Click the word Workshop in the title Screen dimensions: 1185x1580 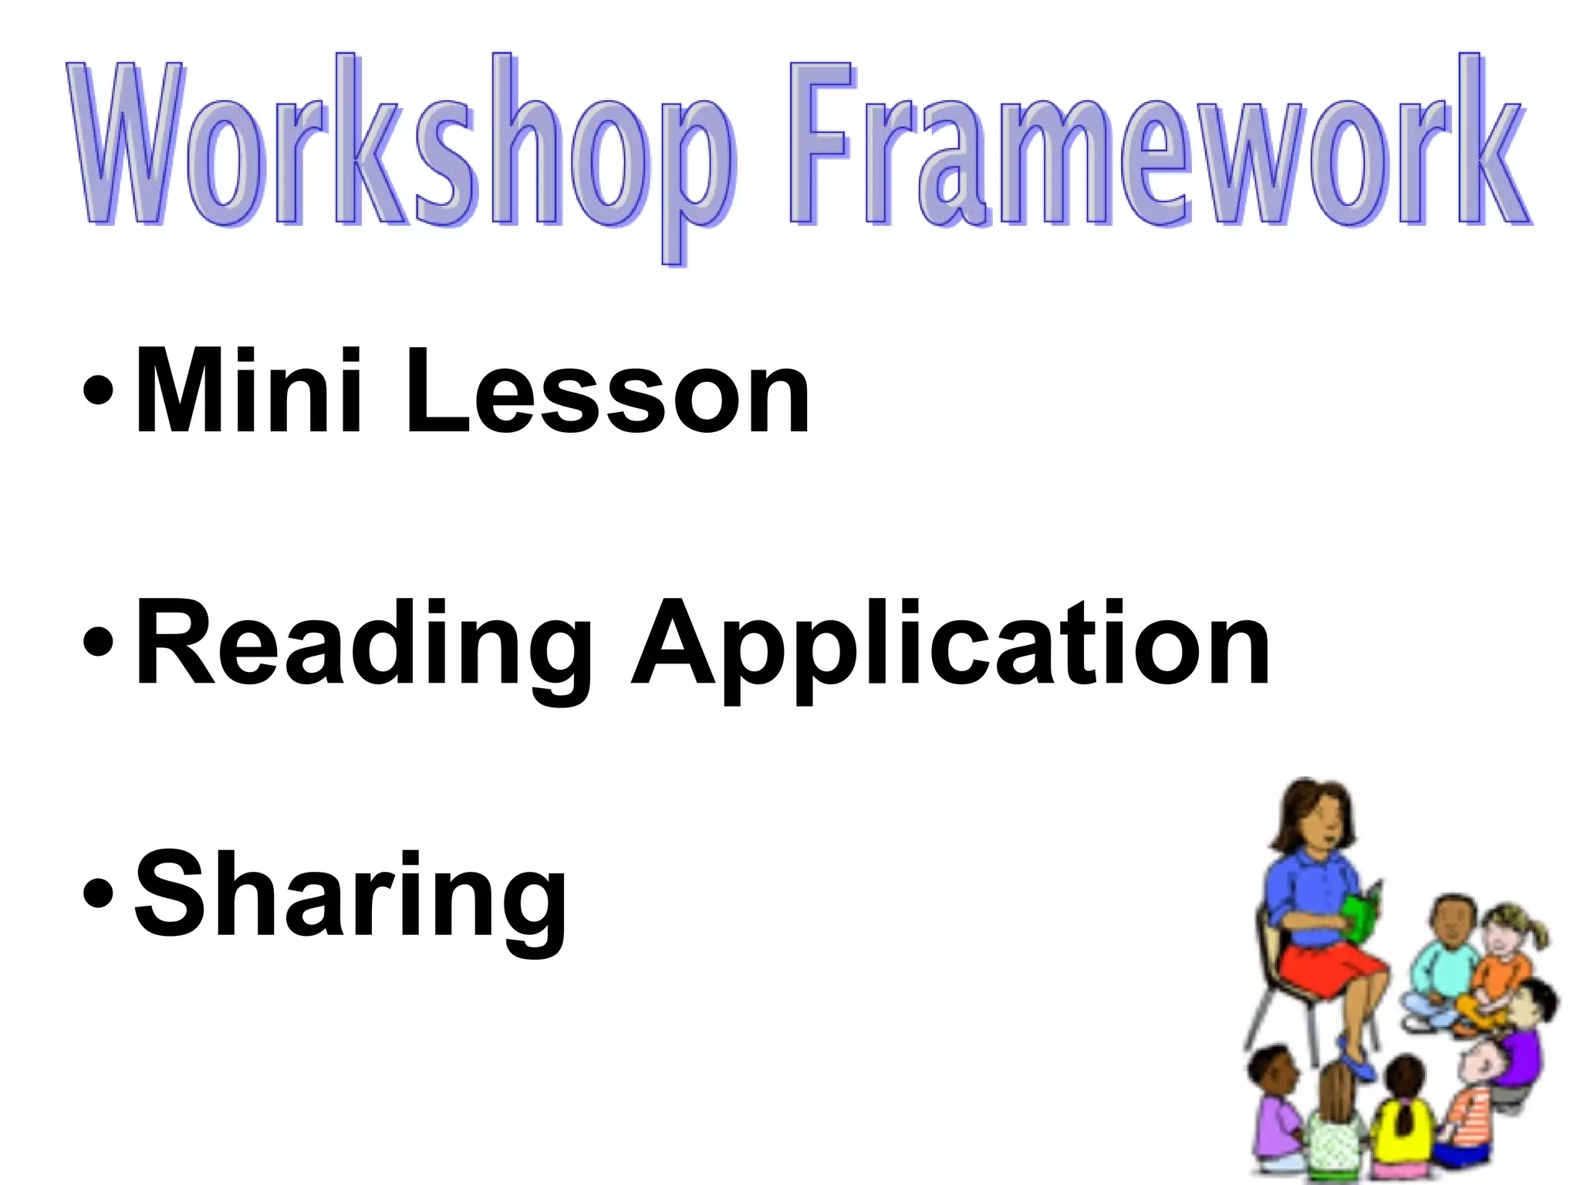point(401,147)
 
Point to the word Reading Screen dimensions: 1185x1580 point(363,644)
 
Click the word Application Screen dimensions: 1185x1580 point(949,644)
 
